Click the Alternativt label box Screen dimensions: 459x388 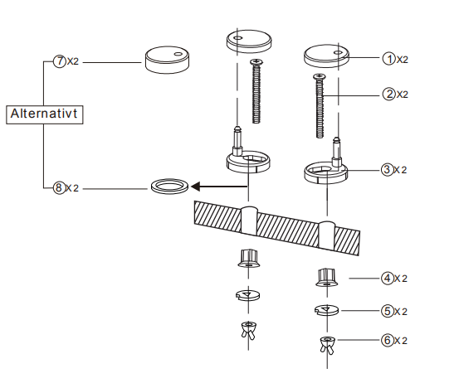(x=45, y=114)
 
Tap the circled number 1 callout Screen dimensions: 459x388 (x=389, y=59)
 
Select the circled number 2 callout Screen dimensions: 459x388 (x=389, y=95)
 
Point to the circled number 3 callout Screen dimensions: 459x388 (x=387, y=170)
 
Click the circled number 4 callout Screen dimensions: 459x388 (x=387, y=278)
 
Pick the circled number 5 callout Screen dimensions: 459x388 (x=387, y=311)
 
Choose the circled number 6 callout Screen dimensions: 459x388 (x=387, y=341)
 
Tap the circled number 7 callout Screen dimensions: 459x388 (x=60, y=61)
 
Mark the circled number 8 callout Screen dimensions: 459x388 (x=59, y=187)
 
